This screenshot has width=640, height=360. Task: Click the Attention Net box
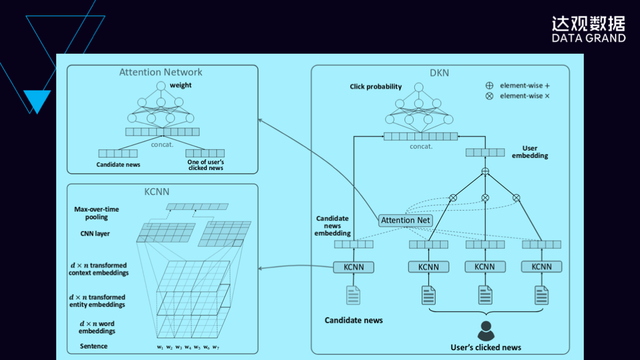406,220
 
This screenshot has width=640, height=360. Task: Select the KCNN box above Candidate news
353,267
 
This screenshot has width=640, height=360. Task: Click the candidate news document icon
353,295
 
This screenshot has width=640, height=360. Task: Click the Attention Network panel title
161,72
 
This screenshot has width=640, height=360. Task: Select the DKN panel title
439,73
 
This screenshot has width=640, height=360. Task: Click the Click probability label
376,87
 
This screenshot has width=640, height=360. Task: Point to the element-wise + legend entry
518,85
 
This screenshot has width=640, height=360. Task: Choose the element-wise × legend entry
518,96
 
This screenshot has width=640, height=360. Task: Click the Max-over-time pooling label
96,213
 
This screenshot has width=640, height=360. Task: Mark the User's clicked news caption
486,347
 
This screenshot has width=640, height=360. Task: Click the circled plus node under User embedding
484,171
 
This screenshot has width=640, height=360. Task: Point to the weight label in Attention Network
181,85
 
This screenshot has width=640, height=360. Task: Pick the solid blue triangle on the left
37,100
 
